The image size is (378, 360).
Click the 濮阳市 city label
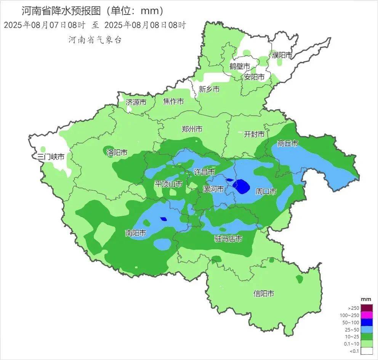[282, 55]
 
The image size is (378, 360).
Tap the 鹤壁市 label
[240, 66]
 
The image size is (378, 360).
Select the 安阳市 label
[254, 77]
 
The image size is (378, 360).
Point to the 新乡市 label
[209, 89]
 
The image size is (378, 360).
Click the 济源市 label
[136, 102]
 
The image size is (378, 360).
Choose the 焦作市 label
[173, 101]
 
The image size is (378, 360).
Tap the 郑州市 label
[192, 129]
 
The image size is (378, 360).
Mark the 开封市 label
[254, 134]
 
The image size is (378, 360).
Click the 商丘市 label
[288, 143]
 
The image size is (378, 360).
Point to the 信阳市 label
[264, 294]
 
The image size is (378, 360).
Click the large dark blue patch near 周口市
[242, 186]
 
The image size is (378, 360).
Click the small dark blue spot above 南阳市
[163, 219]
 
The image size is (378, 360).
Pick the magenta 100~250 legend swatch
[367, 315]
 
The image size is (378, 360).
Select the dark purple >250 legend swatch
[367, 308]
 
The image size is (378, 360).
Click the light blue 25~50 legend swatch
[367, 330]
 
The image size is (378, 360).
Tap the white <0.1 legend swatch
[367, 351]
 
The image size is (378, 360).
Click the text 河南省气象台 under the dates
[95, 40]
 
